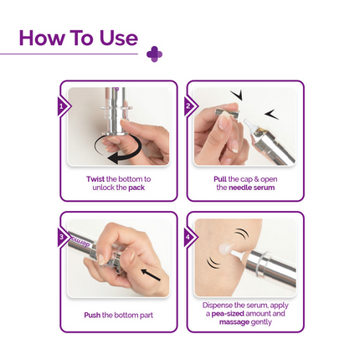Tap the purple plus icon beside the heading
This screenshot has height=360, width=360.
[154, 54]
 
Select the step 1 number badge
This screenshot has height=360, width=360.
[62, 106]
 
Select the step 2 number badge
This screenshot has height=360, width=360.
[189, 106]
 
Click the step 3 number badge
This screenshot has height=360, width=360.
[62, 237]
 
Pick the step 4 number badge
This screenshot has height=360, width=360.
[189, 237]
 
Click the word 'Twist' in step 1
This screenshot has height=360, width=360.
[96, 179]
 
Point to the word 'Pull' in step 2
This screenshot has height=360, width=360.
[220, 179]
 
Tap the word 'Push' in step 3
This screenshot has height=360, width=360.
[92, 315]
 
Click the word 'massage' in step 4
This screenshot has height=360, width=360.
[234, 321]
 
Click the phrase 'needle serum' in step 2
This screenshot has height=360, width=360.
[252, 188]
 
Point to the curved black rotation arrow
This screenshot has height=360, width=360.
[117, 152]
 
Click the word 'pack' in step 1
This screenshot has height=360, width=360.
[136, 188]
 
